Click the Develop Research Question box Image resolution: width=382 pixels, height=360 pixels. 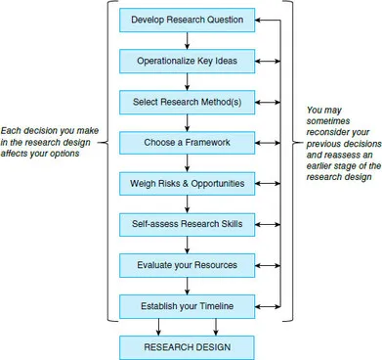[187, 19]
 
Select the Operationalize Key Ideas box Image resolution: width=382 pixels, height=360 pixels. [187, 60]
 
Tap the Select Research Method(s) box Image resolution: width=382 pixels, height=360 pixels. [187, 101]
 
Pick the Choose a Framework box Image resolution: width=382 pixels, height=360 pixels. [187, 142]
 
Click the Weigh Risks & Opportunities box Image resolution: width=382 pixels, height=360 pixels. [187, 183]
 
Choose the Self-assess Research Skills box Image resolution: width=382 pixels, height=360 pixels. [187, 224]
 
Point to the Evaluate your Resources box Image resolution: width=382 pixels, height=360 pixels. [187, 265]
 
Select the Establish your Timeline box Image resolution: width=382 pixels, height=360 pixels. [187, 306]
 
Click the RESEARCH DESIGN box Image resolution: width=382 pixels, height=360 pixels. [187, 346]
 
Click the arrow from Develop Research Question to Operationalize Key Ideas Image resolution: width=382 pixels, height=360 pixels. [187, 39]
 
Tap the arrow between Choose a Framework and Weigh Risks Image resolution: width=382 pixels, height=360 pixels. [187, 162]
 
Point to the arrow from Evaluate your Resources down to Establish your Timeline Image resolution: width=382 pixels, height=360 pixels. [187, 286]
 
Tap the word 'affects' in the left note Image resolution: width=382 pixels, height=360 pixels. [18, 153]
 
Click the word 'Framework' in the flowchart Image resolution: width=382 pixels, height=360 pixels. [206, 142]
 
